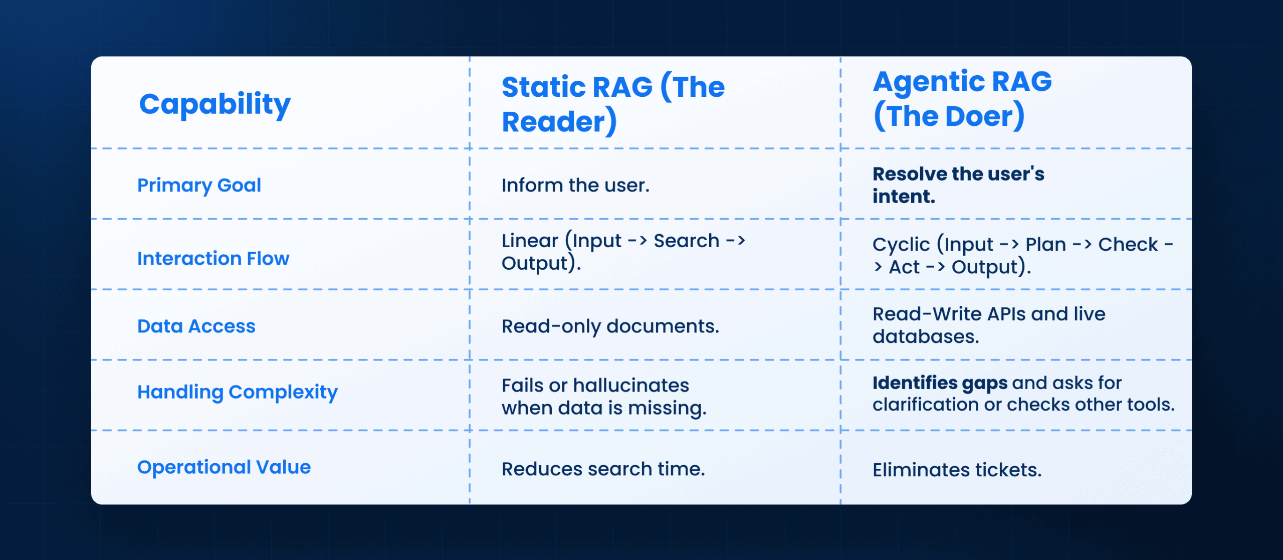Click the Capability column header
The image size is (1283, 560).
pyautogui.click(x=215, y=104)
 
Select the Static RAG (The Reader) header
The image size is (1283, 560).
pyautogui.click(x=613, y=104)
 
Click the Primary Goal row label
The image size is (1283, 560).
pyautogui.click(x=199, y=185)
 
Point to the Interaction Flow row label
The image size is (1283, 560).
pyautogui.click(x=213, y=259)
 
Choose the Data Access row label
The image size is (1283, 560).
pyautogui.click(x=196, y=326)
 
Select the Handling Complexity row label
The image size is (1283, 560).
pyautogui.click(x=238, y=392)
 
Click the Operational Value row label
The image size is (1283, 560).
pyautogui.click(x=224, y=467)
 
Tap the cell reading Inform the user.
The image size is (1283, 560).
pyautogui.click(x=575, y=185)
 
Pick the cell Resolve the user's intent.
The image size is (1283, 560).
pyautogui.click(x=958, y=185)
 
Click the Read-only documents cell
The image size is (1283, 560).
pyautogui.click(x=610, y=326)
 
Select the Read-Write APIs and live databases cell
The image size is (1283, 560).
pyautogui.click(x=989, y=325)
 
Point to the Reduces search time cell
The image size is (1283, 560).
pyautogui.click(x=603, y=469)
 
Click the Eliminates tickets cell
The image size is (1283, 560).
pyautogui.click(x=957, y=470)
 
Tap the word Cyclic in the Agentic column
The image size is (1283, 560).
pyautogui.click(x=901, y=245)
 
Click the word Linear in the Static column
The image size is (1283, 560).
pyautogui.click(x=530, y=241)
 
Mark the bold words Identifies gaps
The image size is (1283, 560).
pyautogui.click(x=940, y=384)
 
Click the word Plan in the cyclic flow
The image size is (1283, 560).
pyautogui.click(x=1045, y=245)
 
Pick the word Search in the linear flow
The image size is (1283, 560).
pyautogui.click(x=687, y=241)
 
